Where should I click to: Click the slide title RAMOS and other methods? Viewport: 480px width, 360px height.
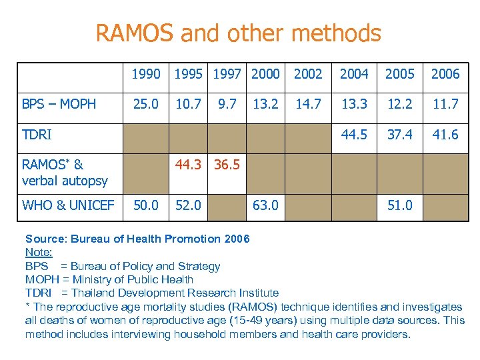click(239, 33)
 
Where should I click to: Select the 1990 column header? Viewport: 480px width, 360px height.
click(145, 74)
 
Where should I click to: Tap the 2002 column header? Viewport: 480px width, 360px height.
click(308, 74)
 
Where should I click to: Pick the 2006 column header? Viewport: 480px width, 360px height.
click(445, 74)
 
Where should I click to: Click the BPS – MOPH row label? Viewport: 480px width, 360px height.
click(59, 103)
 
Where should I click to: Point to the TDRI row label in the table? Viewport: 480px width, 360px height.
click(37, 135)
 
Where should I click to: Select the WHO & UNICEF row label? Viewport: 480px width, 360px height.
click(68, 205)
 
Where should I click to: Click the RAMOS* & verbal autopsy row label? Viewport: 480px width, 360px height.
click(65, 171)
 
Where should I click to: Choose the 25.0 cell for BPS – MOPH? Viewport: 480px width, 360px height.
click(145, 103)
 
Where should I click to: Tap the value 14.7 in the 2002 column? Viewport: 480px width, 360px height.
click(308, 103)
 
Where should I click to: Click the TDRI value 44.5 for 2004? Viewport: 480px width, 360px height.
click(354, 135)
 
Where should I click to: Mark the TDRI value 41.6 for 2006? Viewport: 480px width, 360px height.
click(445, 135)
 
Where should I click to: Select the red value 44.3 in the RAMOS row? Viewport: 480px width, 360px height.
click(187, 164)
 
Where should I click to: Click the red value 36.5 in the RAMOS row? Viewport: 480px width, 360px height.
click(227, 164)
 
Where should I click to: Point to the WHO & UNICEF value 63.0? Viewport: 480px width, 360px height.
click(265, 205)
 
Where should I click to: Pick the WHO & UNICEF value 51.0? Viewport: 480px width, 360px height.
click(399, 205)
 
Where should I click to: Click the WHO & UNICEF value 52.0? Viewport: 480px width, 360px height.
click(187, 205)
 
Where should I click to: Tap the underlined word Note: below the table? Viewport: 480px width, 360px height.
click(38, 252)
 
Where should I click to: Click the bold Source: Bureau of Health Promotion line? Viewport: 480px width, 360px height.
click(137, 239)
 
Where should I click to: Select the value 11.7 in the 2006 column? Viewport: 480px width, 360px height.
click(445, 103)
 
